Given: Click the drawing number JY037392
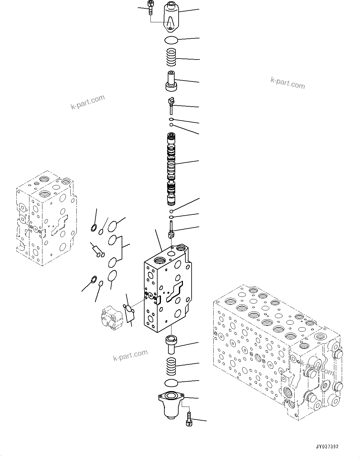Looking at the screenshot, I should pos(327,447).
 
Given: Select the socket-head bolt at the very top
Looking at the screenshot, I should pos(150,7).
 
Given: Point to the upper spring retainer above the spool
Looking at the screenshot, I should pos(171,81).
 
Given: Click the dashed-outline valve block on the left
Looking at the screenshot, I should pos(45,218).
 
